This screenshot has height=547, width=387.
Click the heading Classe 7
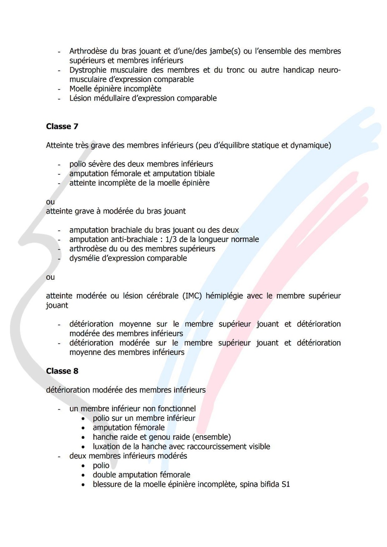[x=62, y=126]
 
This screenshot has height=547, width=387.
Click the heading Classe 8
[x=62, y=371]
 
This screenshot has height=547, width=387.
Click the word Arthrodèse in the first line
[x=88, y=51]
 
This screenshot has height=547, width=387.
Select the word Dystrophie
[x=88, y=70]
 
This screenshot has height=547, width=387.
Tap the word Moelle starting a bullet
[x=80, y=89]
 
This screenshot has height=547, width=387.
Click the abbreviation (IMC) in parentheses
[x=192, y=296]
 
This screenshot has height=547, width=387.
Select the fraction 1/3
[x=171, y=239]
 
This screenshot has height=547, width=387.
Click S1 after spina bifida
[x=286, y=484]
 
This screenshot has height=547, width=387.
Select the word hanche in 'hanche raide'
[x=104, y=437]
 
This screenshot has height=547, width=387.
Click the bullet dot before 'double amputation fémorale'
[x=83, y=475]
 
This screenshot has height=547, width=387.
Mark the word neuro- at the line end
[x=329, y=70]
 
